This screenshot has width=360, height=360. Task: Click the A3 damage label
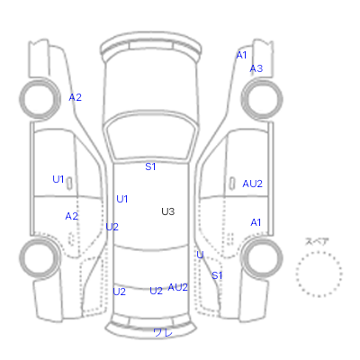click(x=256, y=68)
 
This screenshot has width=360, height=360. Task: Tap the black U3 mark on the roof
click(x=167, y=211)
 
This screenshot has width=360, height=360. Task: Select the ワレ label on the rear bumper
click(x=163, y=332)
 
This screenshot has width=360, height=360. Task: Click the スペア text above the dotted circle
click(x=317, y=241)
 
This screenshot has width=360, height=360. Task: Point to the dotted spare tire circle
click(x=319, y=252)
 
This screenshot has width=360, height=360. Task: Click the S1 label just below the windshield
click(x=150, y=166)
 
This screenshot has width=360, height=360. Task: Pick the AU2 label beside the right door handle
click(x=252, y=184)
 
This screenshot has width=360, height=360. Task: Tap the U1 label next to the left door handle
click(x=58, y=179)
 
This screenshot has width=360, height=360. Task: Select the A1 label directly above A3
click(x=241, y=55)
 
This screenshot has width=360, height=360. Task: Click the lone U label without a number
click(x=200, y=255)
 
